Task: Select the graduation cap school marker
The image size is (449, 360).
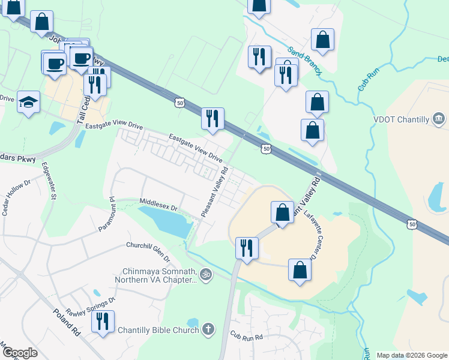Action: tap(28, 102)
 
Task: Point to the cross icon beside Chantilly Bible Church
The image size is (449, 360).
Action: tap(207, 329)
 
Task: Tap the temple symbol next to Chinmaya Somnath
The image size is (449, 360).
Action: tap(206, 275)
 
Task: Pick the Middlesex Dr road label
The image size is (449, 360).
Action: tap(158, 204)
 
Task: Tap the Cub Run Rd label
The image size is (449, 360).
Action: tap(246, 337)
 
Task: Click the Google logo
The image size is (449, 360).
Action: tap(20, 353)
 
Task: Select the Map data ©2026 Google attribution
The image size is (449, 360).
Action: tap(411, 355)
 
